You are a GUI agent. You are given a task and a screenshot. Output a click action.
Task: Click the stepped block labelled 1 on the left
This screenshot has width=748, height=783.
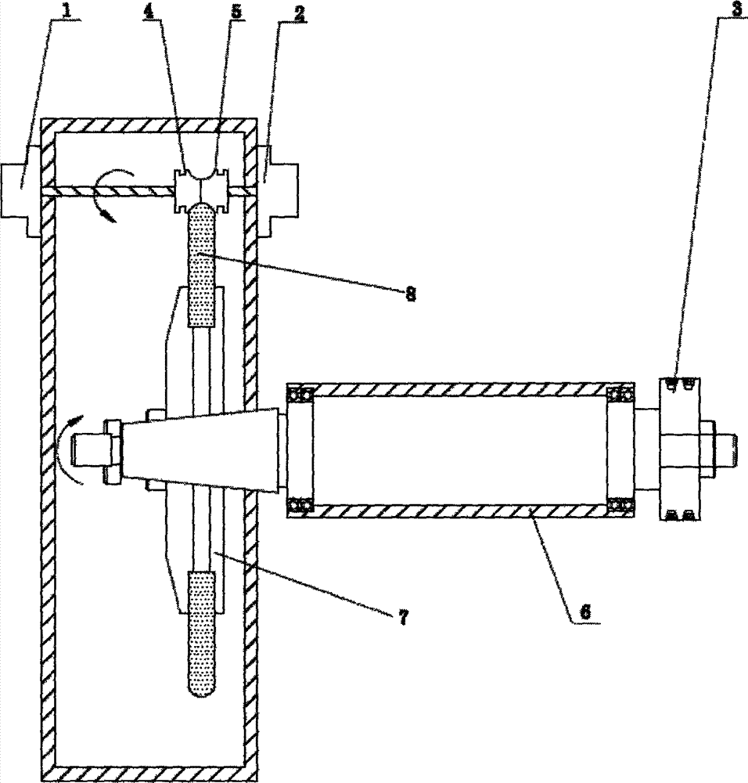tap(19, 190)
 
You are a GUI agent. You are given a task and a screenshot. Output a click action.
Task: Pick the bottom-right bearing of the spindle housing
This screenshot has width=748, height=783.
tap(623, 506)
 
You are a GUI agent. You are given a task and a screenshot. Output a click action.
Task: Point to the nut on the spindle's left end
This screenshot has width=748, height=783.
tap(110, 452)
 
